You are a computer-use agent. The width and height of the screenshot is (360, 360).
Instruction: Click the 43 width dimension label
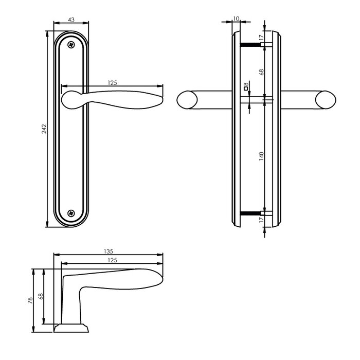[x=71, y=20]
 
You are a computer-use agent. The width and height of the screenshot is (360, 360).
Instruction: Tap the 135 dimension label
[x=109, y=251]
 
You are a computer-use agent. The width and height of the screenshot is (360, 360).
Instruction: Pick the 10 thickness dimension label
[x=236, y=19]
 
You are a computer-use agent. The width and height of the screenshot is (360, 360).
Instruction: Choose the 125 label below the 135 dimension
[x=112, y=261]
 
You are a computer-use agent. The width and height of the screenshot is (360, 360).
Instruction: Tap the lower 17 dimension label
[x=261, y=220]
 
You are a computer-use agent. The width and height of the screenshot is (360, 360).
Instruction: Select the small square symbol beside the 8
[x=246, y=91]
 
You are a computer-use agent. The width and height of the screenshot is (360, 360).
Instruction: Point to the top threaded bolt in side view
[x=253, y=45]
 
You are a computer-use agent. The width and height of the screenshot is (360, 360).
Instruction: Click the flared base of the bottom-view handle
[x=70, y=328]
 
